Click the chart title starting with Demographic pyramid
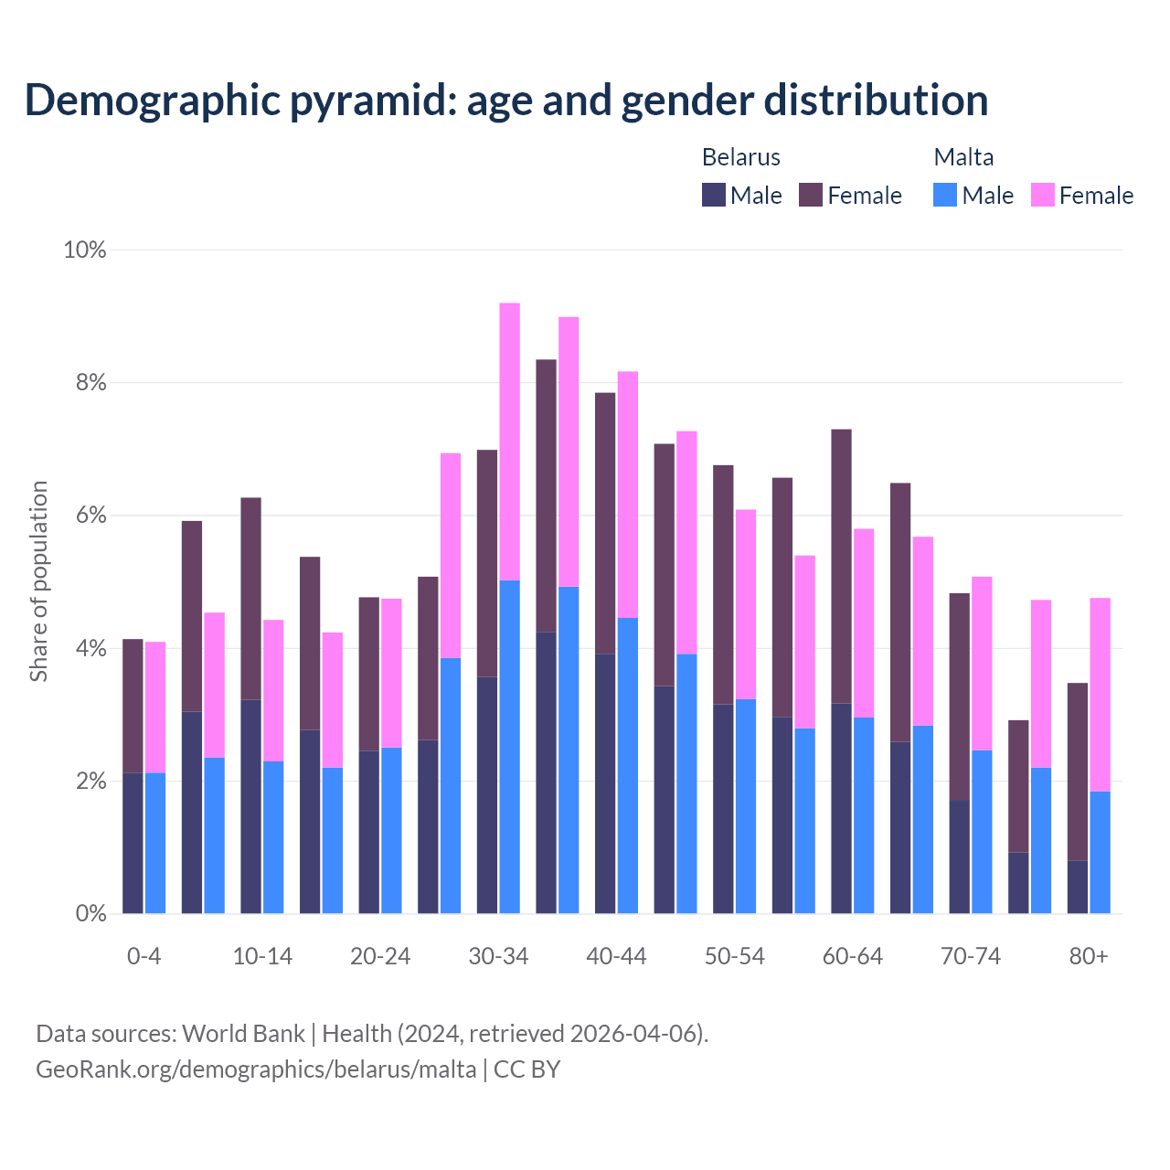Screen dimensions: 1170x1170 (x=505, y=100)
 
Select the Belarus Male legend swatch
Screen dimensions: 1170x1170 (x=714, y=195)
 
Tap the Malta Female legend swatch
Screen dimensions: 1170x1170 (x=1043, y=195)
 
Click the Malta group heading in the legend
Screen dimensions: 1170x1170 (x=963, y=157)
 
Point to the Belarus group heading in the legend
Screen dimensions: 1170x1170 (x=740, y=157)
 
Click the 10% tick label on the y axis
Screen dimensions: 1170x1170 (x=85, y=250)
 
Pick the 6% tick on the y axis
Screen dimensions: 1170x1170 (x=90, y=516)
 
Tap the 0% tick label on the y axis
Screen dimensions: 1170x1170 (x=90, y=913)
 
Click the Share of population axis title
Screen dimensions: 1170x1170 (x=38, y=581)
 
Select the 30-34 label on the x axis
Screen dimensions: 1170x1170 (x=498, y=956)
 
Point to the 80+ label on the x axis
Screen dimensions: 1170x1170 (x=1089, y=956)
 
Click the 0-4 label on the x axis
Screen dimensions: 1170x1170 (x=144, y=956)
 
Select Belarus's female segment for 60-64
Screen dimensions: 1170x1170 (x=841, y=566)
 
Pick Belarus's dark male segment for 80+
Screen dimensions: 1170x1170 (x=1078, y=887)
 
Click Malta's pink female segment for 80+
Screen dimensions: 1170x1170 (x=1101, y=694)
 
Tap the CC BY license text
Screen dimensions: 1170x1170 (x=527, y=1069)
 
